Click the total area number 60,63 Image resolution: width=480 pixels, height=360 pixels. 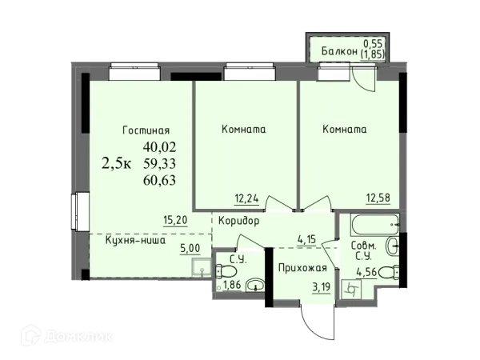pos(160,179)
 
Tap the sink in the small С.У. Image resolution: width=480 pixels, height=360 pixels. pos(255,285)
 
